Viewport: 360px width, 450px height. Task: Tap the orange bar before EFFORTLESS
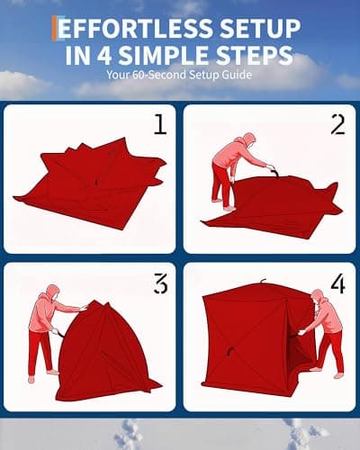55,27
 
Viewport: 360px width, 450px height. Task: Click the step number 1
159,124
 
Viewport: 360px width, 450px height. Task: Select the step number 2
337,124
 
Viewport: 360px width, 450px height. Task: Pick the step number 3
160,284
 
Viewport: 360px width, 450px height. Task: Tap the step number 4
337,284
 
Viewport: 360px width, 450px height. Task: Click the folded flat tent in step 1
90,184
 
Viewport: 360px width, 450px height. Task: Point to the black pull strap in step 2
269,169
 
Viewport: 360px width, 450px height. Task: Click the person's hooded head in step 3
51,293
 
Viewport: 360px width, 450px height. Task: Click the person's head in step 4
316,297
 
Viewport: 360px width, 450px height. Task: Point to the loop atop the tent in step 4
262,284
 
